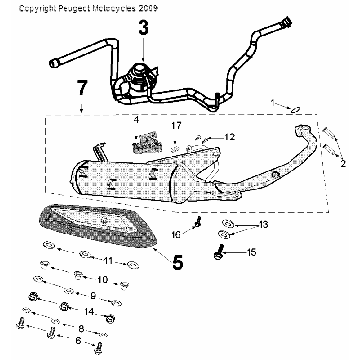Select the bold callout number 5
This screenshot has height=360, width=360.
pos(177,265)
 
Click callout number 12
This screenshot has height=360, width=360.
pos(229,136)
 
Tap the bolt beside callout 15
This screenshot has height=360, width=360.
pos(218,251)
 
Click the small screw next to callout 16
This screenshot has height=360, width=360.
pos(198,222)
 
